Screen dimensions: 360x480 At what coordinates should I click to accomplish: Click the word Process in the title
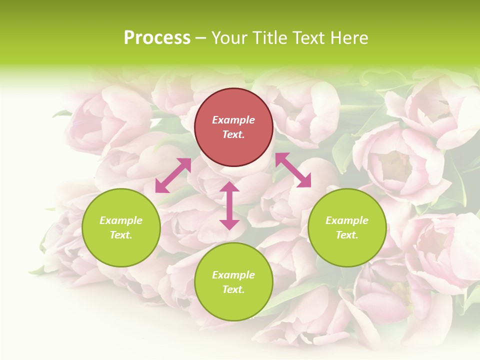(157, 38)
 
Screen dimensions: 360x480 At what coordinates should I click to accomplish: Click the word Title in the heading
(271, 38)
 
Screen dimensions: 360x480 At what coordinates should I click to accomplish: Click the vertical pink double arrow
(229, 205)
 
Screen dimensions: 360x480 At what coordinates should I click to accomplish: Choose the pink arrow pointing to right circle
(293, 170)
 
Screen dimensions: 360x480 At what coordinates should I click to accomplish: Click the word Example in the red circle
(233, 120)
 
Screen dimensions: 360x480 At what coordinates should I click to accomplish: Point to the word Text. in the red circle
(233, 134)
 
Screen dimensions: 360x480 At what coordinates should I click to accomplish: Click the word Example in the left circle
(121, 220)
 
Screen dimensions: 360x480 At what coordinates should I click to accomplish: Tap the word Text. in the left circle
(121, 235)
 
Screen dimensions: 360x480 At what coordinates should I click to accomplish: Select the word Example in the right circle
(347, 220)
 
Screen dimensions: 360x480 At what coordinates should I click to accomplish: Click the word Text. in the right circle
(347, 235)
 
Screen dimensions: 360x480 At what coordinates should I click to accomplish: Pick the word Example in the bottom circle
(233, 275)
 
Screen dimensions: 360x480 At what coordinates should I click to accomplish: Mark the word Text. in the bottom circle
(233, 289)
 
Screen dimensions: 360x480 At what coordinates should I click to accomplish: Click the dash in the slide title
(201, 38)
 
